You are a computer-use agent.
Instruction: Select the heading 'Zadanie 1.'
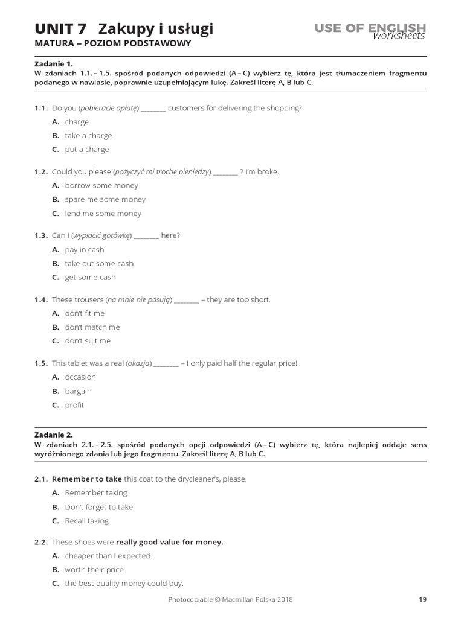53,63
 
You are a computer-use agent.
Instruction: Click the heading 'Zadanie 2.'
53,434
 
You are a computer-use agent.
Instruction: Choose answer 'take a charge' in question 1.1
88,136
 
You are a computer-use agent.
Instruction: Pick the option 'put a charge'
87,150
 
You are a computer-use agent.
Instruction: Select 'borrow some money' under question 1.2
101,185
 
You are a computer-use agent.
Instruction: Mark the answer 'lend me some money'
103,214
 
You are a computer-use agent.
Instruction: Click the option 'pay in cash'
85,249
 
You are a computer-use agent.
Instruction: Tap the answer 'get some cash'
90,278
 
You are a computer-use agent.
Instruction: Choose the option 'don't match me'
92,327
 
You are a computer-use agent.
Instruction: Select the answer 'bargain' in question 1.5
79,391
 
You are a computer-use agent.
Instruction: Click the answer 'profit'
75,405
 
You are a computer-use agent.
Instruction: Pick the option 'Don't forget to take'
99,507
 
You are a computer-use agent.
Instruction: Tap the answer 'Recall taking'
87,521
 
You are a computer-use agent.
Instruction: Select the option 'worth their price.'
95,570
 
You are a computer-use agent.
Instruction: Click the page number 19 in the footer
422,599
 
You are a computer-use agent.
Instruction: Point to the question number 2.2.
41,542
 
